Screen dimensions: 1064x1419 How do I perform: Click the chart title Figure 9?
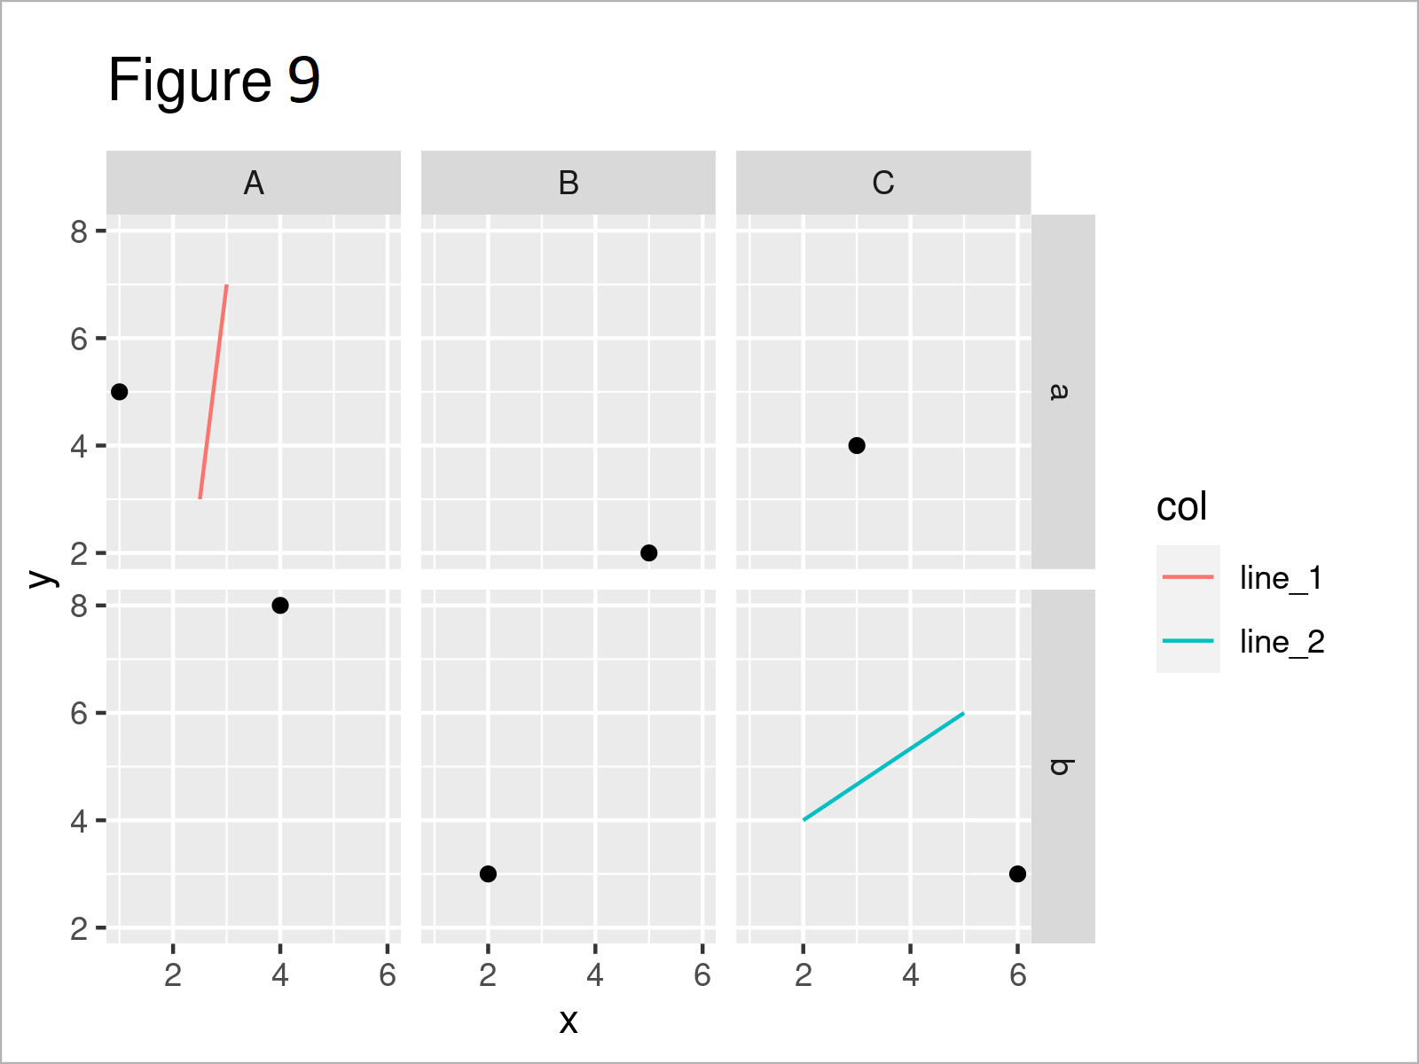pos(214,81)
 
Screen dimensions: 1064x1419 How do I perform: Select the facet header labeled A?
pos(254,184)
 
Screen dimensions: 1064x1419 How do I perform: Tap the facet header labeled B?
pos(568,184)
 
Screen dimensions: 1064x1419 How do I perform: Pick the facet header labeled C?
pos(883,184)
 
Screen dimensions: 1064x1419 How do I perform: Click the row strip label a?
pos(1062,391)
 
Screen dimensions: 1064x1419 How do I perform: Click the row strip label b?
pos(1062,766)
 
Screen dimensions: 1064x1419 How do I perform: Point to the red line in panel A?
pos(214,391)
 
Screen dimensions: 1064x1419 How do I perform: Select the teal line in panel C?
pos(883,766)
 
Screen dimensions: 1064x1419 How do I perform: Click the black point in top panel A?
pos(120,392)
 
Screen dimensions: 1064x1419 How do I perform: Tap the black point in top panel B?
pos(648,552)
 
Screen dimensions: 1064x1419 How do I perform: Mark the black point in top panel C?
pos(857,445)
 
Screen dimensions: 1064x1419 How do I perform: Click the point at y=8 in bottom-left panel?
pos(280,606)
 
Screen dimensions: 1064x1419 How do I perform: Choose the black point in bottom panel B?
pos(488,873)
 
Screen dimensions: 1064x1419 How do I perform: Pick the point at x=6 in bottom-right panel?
pos(1017,873)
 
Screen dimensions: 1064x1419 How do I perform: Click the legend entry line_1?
pos(1281,578)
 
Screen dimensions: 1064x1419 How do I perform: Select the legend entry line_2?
pos(1282,642)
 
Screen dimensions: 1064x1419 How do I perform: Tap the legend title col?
pos(1181,507)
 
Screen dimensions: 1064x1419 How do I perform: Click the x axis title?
pos(568,1021)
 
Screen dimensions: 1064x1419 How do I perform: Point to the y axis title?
pos(41,578)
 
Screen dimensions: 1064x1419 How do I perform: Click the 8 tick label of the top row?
pos(80,232)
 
